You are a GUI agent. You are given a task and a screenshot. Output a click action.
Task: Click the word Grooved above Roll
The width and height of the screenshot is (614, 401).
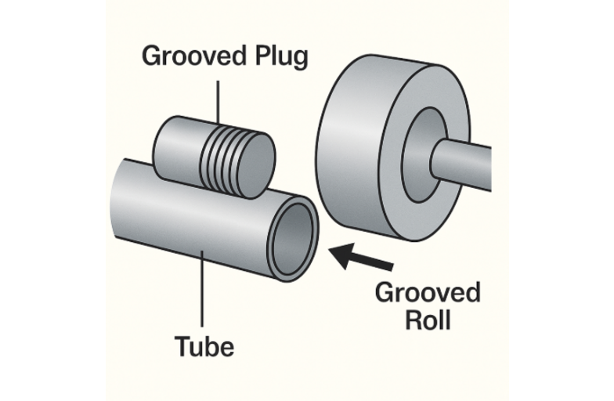point(428,294)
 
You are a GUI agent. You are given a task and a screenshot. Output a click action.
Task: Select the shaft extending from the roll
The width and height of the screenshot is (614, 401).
point(470,161)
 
